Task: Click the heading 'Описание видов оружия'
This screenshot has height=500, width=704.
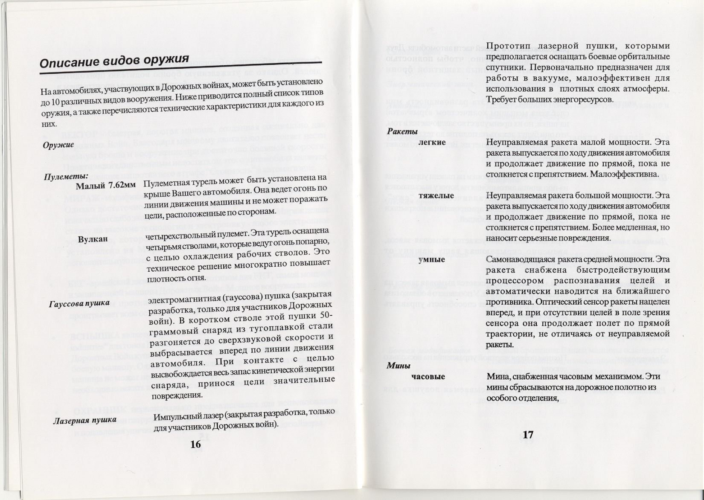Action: coord(114,61)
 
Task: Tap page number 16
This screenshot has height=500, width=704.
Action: coord(195,445)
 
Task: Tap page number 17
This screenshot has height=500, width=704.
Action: coord(528,435)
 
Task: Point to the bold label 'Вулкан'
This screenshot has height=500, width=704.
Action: coord(93,239)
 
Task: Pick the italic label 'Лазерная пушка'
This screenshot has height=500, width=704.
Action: coord(85,420)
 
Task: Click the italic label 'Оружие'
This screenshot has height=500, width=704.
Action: coord(58,145)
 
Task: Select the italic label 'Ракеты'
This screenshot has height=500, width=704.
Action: coord(402,132)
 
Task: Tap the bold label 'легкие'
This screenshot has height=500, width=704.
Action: coord(433,142)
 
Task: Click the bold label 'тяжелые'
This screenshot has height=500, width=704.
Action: coord(436,195)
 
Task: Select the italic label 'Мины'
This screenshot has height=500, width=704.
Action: coord(399,366)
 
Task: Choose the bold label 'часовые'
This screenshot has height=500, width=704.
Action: coord(428,377)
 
